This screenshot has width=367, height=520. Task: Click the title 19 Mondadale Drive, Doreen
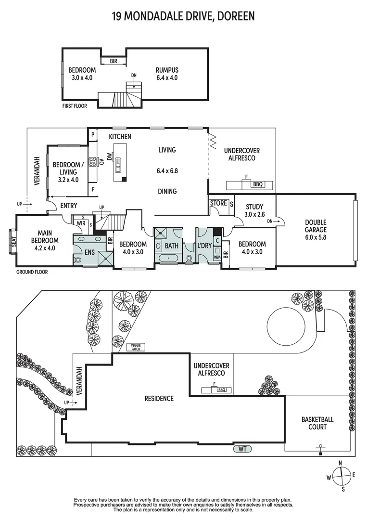(183, 16)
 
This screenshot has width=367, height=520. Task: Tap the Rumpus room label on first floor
(167, 74)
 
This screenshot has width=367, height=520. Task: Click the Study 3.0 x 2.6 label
(254, 210)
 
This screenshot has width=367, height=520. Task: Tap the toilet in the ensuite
(78, 260)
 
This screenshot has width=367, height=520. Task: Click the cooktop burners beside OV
(91, 162)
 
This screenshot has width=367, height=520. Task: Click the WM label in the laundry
(217, 257)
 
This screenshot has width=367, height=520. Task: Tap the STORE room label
(218, 203)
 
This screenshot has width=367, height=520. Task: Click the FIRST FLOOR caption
(75, 106)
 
